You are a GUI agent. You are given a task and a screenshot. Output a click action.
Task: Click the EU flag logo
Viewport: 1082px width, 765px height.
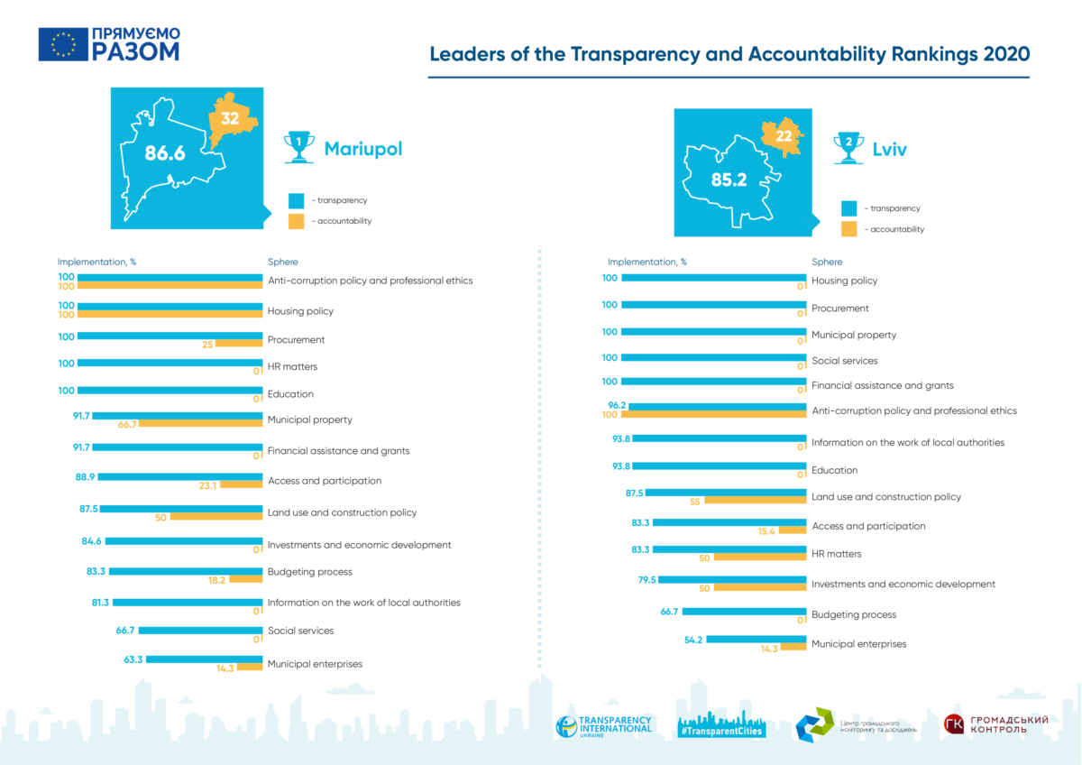63,44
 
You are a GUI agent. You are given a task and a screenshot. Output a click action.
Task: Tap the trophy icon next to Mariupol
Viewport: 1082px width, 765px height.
299,147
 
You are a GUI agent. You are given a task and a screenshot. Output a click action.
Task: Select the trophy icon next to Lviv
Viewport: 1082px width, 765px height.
848,148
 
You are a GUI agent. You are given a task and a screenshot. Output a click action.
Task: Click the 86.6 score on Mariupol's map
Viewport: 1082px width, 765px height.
165,153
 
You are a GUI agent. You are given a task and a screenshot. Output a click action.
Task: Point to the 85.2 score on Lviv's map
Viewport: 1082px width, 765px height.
729,180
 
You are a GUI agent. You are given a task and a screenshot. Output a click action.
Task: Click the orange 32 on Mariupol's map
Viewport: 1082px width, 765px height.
230,118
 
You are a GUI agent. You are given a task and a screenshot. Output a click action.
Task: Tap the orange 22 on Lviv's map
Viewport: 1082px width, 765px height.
784,136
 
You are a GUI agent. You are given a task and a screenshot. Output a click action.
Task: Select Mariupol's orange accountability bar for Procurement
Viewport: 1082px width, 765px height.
239,344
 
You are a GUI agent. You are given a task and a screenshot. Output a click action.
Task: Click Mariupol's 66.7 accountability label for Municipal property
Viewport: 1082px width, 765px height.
127,424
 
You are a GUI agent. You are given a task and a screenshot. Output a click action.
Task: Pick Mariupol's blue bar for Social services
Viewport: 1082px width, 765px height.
200,631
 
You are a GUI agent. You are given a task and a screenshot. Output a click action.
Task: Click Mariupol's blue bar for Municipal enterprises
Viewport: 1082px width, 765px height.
205,659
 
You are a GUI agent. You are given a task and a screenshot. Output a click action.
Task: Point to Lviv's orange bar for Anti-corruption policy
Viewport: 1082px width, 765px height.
714,414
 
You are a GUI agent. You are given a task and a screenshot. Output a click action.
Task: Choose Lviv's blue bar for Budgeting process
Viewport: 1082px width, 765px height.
745,612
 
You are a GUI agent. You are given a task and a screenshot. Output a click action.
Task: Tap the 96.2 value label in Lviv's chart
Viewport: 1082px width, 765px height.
617,405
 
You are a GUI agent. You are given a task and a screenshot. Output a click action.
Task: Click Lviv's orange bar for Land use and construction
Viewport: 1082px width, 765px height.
756,500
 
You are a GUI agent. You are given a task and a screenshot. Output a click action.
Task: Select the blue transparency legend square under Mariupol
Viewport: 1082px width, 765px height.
296,200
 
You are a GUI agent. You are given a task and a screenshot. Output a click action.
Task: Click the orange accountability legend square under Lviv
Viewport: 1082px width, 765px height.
848,229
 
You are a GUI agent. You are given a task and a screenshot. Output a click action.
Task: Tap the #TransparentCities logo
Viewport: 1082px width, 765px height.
721,725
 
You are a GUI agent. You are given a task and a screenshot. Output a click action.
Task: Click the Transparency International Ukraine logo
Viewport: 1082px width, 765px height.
604,726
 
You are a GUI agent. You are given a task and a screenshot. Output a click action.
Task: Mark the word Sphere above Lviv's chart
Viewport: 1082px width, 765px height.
827,262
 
